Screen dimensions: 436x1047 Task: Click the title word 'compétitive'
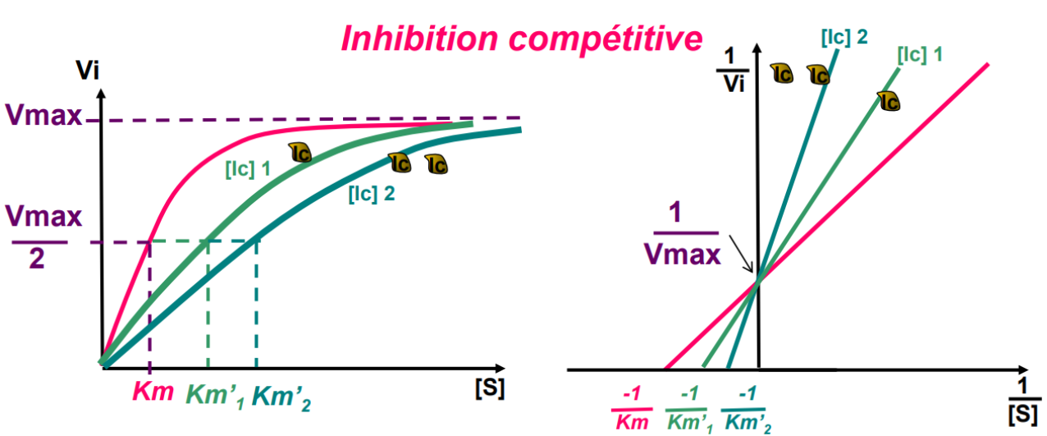point(601,38)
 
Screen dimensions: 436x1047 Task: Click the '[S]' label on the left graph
point(490,387)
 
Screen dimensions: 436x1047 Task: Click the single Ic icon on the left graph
point(300,152)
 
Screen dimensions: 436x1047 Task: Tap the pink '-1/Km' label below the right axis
point(632,407)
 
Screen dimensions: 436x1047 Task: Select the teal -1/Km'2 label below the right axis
point(745,409)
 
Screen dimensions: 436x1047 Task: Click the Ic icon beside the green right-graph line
point(889,100)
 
